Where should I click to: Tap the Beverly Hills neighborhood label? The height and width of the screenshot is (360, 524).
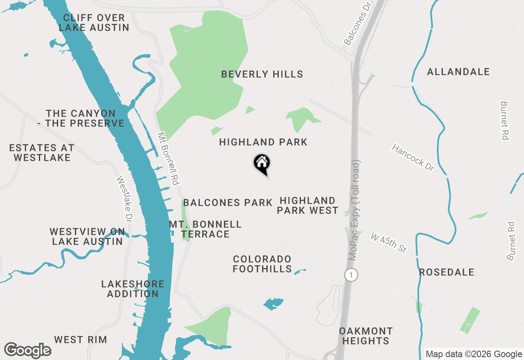tap(262, 74)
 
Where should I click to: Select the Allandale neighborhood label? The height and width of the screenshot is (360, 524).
tap(458, 72)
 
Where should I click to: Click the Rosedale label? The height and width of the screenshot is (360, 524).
tap(447, 272)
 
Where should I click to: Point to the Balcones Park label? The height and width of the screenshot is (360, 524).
tap(228, 203)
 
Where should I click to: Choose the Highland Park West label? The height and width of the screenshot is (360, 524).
tap(308, 205)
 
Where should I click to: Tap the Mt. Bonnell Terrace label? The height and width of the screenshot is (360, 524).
tap(206, 229)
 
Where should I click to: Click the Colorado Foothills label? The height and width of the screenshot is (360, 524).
tap(262, 264)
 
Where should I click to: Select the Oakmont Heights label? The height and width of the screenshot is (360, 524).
tap(366, 335)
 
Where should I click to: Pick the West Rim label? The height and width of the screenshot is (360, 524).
tap(81, 340)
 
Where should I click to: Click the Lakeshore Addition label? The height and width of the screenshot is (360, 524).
tap(133, 289)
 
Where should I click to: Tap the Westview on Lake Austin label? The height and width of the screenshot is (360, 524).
tap(87, 236)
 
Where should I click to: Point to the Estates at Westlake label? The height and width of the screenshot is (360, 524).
tap(42, 153)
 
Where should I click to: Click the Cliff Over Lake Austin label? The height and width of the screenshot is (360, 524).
tap(94, 23)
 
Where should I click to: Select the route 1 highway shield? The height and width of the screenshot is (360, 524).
tap(351, 275)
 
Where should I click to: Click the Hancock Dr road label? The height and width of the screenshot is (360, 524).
tap(412, 157)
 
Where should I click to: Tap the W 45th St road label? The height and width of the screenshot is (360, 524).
tap(388, 243)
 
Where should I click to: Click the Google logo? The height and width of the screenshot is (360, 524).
tap(27, 350)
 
